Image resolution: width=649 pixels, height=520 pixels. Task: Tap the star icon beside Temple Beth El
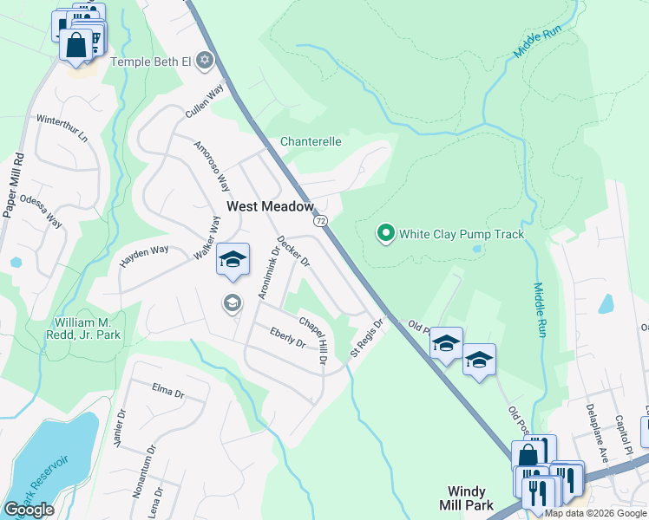[x=205, y=60]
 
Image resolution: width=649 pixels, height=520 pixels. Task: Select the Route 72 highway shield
[x=321, y=222]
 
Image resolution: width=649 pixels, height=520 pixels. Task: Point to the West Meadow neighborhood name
[x=270, y=206]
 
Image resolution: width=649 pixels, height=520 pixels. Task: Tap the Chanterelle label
[x=311, y=141]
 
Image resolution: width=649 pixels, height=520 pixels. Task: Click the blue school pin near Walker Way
[x=233, y=260]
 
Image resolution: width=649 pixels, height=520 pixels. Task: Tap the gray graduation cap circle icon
[x=232, y=302]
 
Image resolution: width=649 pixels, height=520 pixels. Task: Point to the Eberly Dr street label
[x=288, y=337]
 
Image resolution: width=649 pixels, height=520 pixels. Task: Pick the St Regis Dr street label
[x=366, y=339]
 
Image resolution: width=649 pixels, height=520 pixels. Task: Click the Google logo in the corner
[x=29, y=510]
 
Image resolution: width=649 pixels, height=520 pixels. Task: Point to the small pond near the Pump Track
[x=476, y=249]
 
